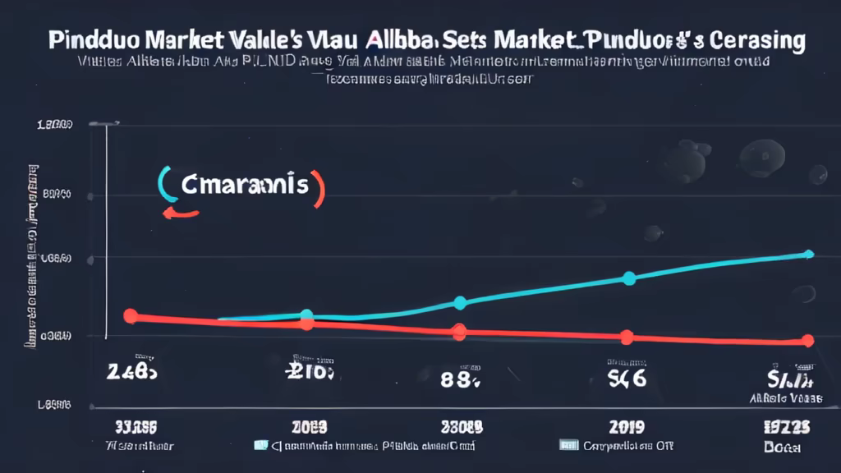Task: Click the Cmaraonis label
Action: (245, 185)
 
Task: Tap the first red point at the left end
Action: (130, 316)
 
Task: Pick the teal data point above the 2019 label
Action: (629, 278)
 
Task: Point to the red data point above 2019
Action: (627, 337)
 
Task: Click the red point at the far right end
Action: (808, 341)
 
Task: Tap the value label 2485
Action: (131, 372)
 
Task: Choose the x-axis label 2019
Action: (626, 427)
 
